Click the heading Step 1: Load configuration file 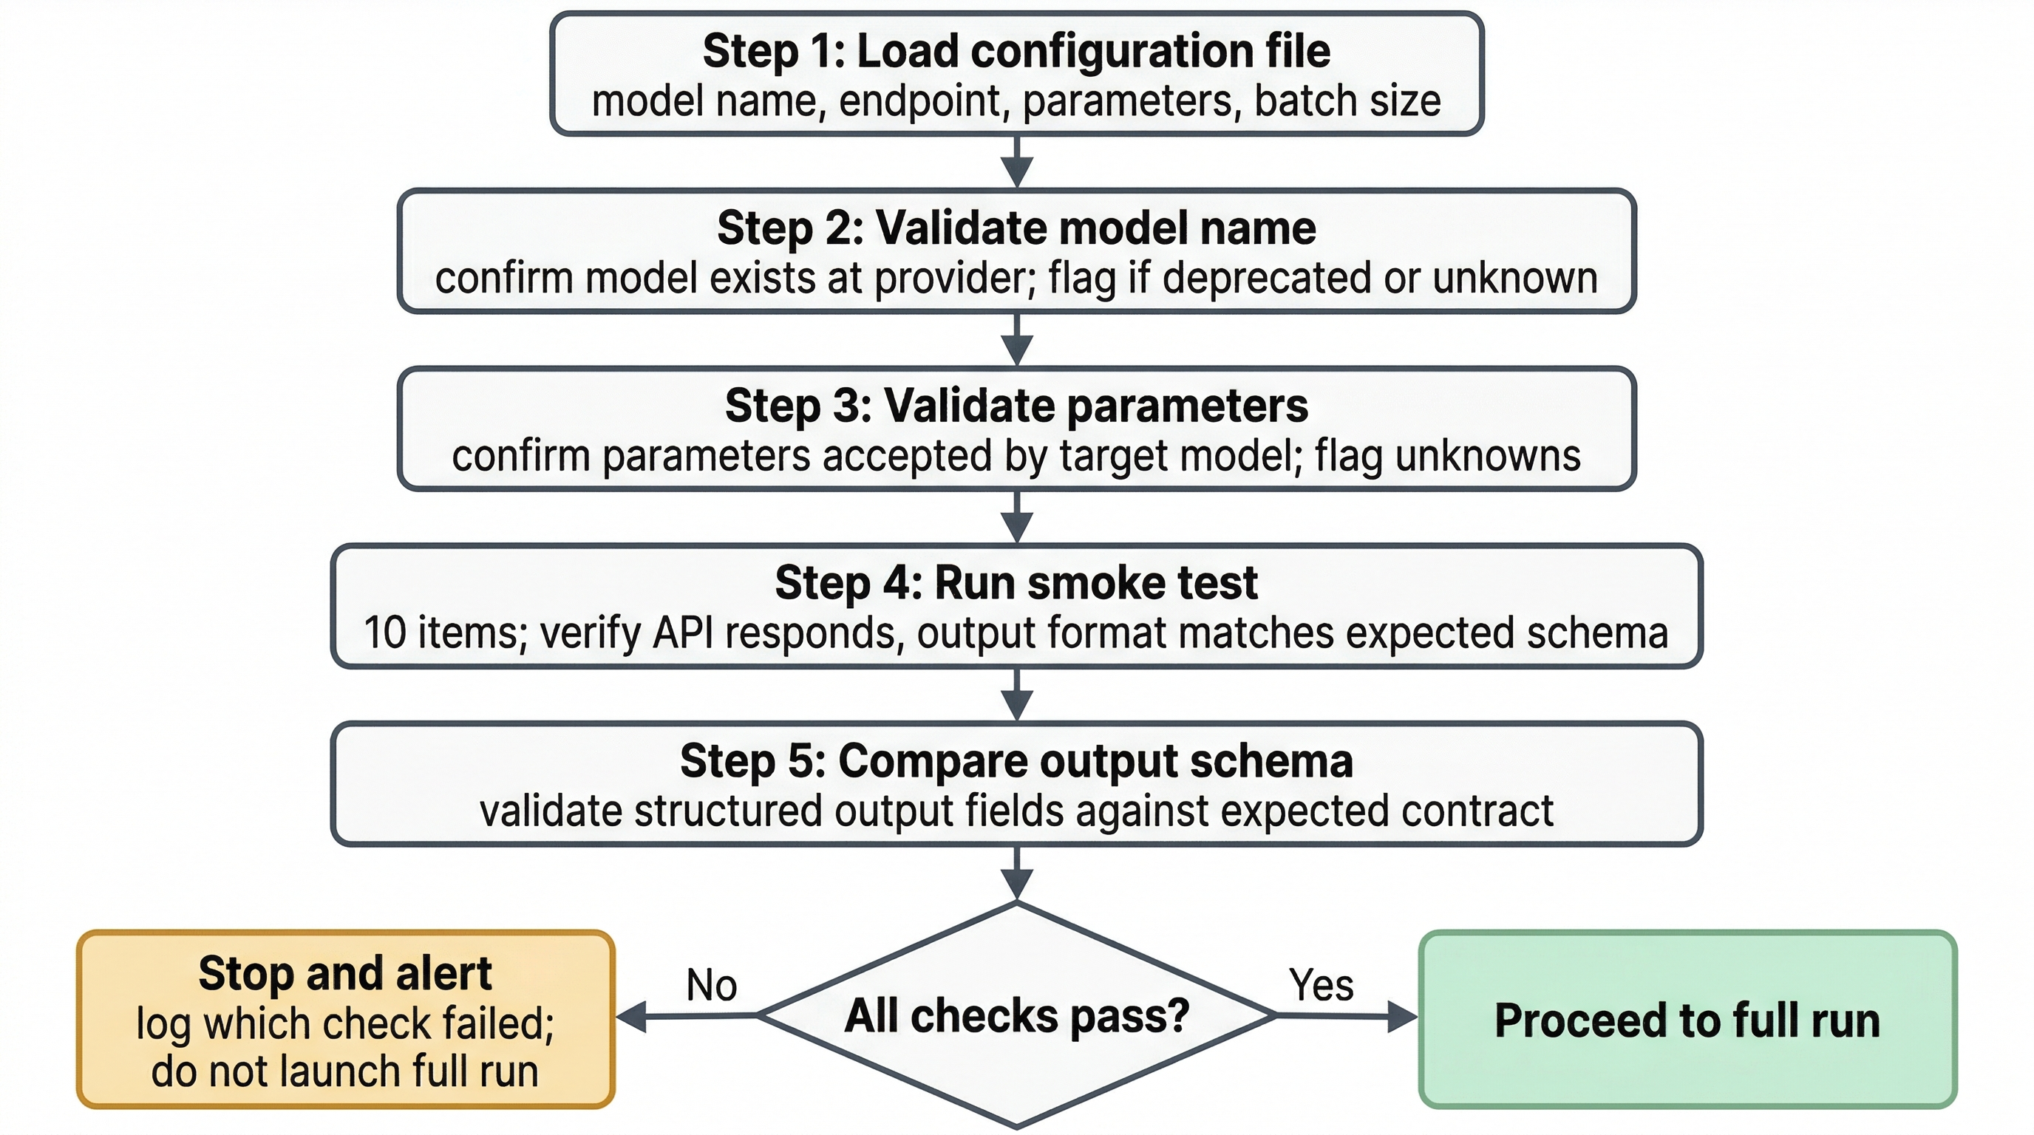tap(1016, 51)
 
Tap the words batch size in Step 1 tap(1347, 102)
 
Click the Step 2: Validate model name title tap(1016, 228)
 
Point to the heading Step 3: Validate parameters tap(1016, 406)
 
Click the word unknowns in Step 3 tap(1488, 456)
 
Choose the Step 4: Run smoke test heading tap(1016, 583)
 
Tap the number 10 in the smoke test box tap(384, 633)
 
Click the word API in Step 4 tap(683, 633)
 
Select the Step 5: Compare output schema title tap(1016, 761)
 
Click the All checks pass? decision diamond tap(1016, 1016)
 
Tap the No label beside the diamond tap(712, 985)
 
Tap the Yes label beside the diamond tap(1321, 985)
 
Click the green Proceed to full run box tap(1687, 1020)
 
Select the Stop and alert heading tap(345, 973)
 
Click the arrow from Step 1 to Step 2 tap(1017, 163)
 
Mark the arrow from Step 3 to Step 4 tap(1017, 518)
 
